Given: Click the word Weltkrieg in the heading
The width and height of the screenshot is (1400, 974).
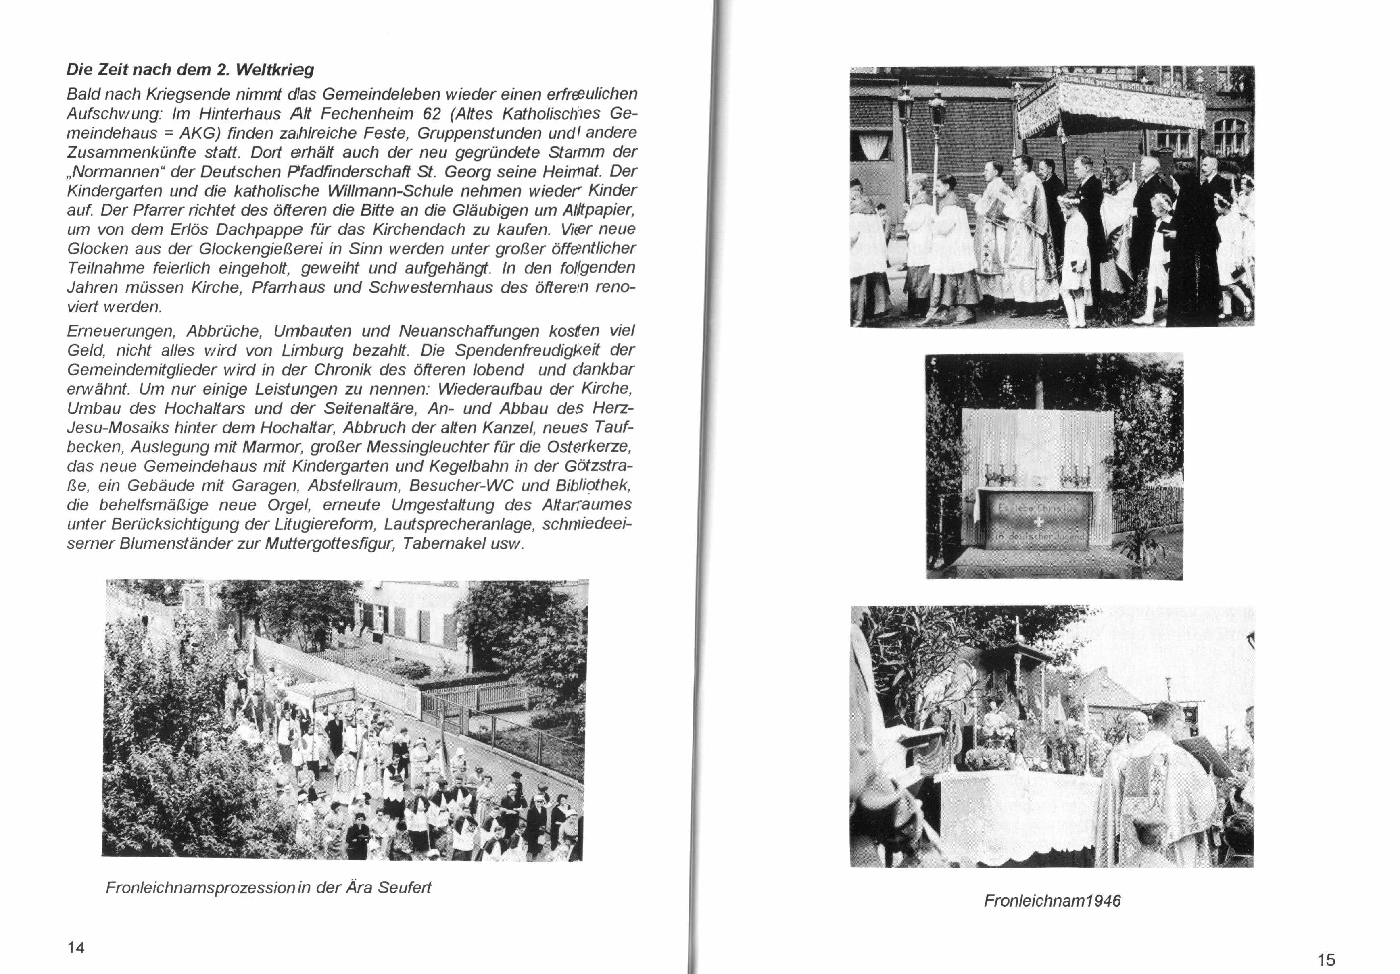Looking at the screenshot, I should (274, 70).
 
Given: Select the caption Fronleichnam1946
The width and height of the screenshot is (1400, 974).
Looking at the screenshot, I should (1052, 901).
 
